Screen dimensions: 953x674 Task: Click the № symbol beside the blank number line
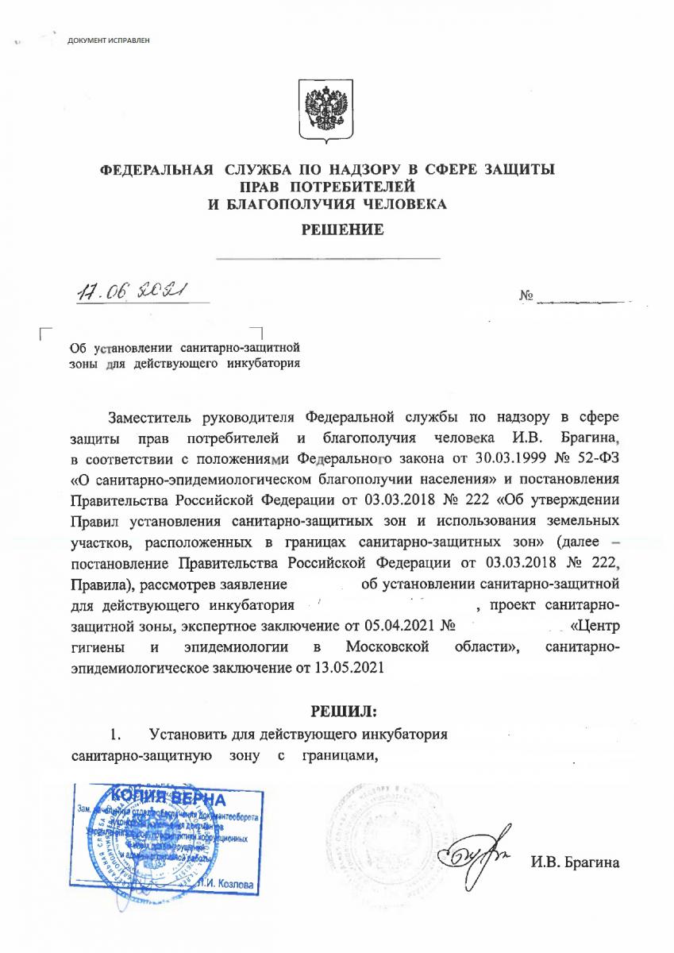click(525, 297)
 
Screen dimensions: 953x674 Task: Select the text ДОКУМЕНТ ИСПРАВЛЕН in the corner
click(108, 40)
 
